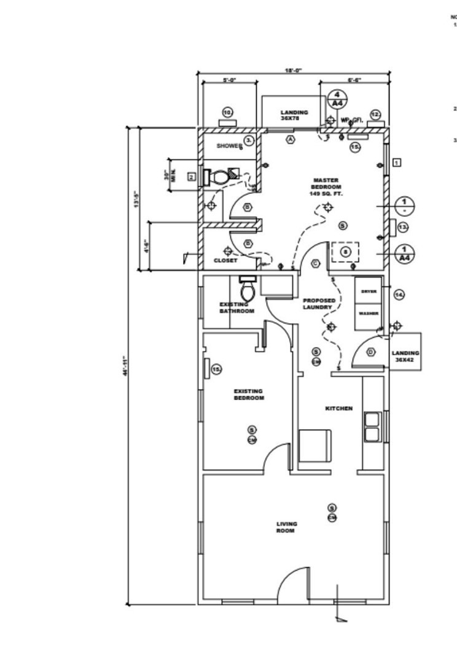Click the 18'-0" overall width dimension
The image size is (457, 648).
click(x=293, y=71)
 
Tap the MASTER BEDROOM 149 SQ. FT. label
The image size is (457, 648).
click(x=326, y=187)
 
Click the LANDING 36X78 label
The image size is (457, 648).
click(x=294, y=115)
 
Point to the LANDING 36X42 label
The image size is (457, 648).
click(x=405, y=357)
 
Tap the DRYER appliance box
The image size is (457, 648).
click(x=369, y=291)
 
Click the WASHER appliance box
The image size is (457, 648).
click(x=369, y=314)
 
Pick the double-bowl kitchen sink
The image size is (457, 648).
click(x=372, y=426)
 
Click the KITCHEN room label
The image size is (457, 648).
click(x=338, y=408)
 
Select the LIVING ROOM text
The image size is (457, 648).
click(x=286, y=527)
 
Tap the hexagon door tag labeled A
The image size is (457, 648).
click(x=291, y=139)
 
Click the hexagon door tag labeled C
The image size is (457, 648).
click(x=316, y=263)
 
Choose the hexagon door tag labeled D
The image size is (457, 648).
click(x=370, y=352)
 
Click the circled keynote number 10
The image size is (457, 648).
click(x=227, y=113)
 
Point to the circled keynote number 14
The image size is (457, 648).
click(x=399, y=295)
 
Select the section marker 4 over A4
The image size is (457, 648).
click(x=337, y=99)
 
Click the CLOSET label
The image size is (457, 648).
click(x=225, y=261)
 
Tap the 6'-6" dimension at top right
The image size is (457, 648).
click(x=354, y=80)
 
